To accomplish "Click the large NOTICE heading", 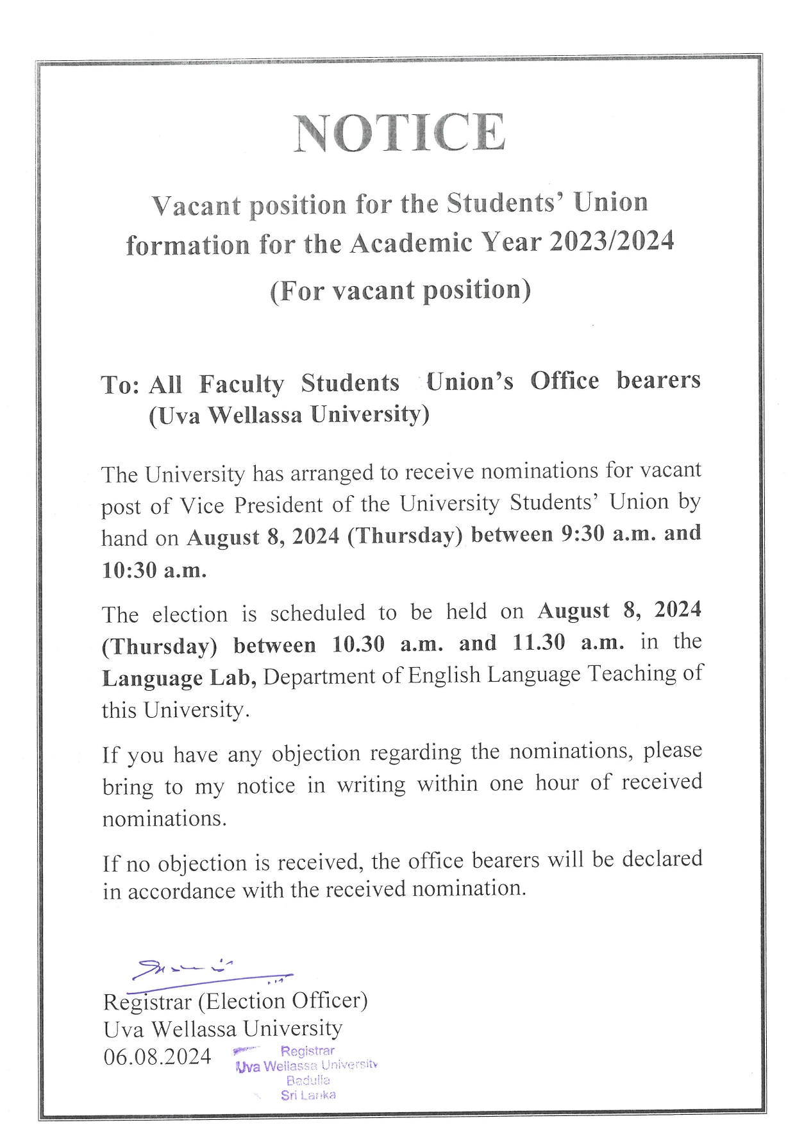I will coord(399,133).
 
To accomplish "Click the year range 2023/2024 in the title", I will coord(612,242).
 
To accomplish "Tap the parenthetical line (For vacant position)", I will coord(400,291).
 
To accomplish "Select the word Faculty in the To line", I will coord(241,384).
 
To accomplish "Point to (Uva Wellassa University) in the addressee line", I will coord(289,415).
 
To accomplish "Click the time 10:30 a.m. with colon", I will coord(154,570).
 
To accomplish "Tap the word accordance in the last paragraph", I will coord(181,891).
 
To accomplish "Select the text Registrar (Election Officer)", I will coord(235,1001).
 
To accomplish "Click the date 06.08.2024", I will coord(157,1056).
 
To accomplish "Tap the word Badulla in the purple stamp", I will coord(308,1080).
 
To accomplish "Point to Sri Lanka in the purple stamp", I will coord(308,1095).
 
